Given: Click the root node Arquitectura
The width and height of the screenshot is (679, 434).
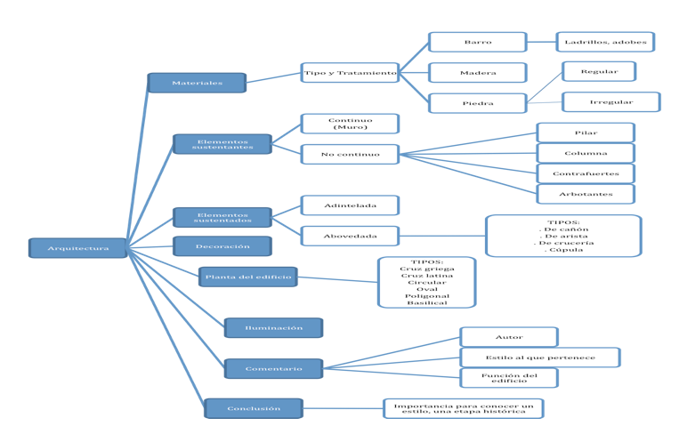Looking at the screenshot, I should pyautogui.click(x=78, y=248).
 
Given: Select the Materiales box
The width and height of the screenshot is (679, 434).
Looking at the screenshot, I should pyautogui.click(x=197, y=83).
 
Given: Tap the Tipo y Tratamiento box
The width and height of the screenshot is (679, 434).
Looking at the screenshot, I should pyautogui.click(x=350, y=73).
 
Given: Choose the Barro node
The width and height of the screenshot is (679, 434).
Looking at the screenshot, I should pyautogui.click(x=477, y=42).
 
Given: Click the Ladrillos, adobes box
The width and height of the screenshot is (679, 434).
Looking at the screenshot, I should pyautogui.click(x=605, y=42).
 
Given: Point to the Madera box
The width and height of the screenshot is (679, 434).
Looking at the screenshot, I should pyautogui.click(x=477, y=73).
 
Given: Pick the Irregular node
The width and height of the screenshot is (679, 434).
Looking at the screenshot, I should pyautogui.click(x=610, y=102).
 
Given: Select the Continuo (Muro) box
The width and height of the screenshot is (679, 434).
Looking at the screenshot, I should pyautogui.click(x=350, y=124).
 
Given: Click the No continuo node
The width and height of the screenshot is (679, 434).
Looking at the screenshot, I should pyautogui.click(x=350, y=154).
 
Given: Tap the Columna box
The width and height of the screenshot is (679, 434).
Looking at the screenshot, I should pyautogui.click(x=586, y=153).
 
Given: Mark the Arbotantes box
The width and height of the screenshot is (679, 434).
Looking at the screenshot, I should pyautogui.click(x=586, y=194).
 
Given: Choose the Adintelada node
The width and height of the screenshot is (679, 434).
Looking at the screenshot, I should pyautogui.click(x=350, y=205).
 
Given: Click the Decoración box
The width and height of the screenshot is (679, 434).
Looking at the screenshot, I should pyautogui.click(x=222, y=246).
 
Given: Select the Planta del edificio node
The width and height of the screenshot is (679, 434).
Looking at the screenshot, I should pyautogui.click(x=247, y=277).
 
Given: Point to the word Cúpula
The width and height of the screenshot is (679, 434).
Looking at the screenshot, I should pyautogui.click(x=564, y=250).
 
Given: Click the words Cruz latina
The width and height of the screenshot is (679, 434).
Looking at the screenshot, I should pyautogui.click(x=426, y=276).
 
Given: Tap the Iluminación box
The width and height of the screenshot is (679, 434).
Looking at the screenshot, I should pyautogui.click(x=273, y=328).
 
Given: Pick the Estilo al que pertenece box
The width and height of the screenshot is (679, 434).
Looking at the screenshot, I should pyautogui.click(x=540, y=358).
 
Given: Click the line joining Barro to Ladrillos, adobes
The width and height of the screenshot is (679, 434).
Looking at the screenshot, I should pyautogui.click(x=541, y=42).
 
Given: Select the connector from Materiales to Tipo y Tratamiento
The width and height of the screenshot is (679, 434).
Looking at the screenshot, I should pyautogui.click(x=273, y=78).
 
